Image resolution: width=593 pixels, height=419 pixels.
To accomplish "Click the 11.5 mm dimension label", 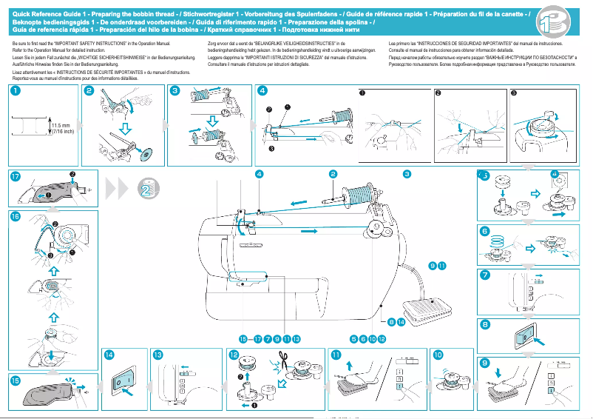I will point(61,126).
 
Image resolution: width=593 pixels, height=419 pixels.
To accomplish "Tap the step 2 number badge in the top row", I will point(89,92).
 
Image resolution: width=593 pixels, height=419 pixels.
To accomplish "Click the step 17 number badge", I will point(14,176).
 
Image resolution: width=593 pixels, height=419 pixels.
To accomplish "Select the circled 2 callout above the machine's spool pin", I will point(333,173).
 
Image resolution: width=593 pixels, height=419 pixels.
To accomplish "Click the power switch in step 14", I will point(123,383).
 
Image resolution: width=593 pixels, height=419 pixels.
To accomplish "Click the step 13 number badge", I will point(157,355).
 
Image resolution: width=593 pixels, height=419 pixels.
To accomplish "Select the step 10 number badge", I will point(438,355).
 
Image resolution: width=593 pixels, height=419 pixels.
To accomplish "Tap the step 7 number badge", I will point(484,275).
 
